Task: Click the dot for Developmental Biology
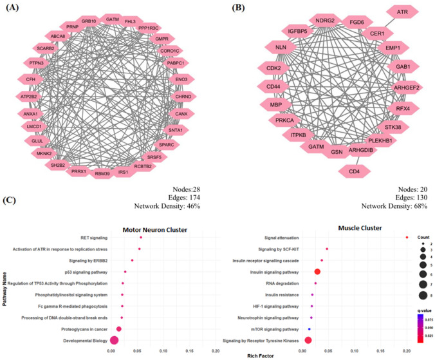coord(115,340)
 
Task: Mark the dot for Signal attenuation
coord(407,238)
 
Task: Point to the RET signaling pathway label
coord(87,238)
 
